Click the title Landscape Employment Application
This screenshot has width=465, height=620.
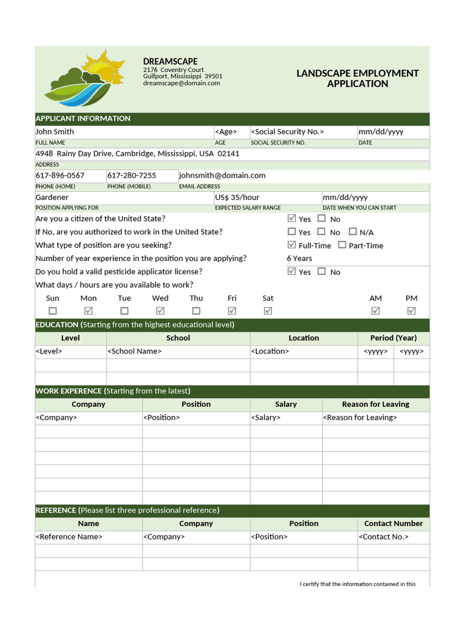click(357, 78)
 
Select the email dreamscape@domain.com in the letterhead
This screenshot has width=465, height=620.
click(182, 84)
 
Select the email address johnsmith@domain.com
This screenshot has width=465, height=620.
click(222, 176)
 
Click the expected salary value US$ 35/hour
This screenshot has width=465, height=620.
click(237, 197)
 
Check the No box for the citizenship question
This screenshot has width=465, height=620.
click(322, 219)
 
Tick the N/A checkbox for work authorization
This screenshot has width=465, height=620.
click(352, 232)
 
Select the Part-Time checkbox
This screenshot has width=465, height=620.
click(342, 245)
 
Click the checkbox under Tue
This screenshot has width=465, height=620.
click(124, 311)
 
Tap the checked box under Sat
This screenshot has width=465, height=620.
click(268, 311)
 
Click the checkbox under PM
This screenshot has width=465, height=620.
click(412, 311)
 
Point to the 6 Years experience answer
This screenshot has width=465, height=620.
click(299, 259)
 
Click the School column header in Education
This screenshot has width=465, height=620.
click(178, 338)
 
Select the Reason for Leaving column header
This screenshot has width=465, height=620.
click(375, 404)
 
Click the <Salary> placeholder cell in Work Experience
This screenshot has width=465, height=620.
click(265, 418)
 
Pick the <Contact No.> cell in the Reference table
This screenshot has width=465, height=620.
click(383, 537)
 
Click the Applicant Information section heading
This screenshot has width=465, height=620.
click(83, 119)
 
